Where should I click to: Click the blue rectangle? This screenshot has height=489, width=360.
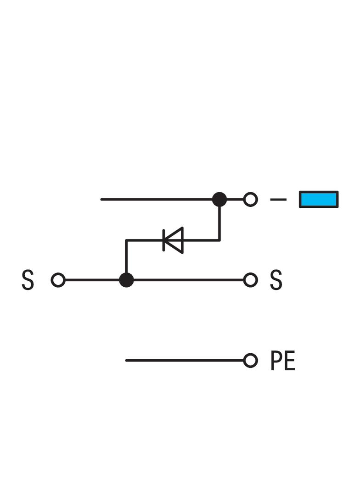319,200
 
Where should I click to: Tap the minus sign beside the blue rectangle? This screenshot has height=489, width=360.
278,200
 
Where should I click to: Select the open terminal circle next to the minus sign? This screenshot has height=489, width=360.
250,200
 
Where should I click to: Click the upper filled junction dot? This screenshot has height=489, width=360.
219,200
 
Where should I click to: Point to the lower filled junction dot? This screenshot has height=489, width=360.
126,280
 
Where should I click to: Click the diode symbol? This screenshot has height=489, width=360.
174,240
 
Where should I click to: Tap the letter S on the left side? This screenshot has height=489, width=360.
28,280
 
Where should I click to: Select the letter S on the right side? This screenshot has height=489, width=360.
276,280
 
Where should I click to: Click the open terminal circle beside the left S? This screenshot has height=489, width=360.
58,280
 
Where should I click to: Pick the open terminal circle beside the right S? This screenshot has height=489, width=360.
250,280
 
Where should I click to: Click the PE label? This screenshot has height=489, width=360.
282,361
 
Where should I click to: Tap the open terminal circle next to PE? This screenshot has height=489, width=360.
250,361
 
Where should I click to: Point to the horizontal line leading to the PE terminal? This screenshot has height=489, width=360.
184,361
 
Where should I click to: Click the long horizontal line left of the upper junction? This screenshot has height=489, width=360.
156,200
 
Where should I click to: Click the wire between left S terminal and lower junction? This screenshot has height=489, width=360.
92,280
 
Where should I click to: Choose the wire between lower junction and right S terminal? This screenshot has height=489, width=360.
188,280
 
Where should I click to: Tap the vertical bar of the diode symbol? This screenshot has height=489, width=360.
164,240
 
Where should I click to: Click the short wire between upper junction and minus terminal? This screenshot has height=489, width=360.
235,200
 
